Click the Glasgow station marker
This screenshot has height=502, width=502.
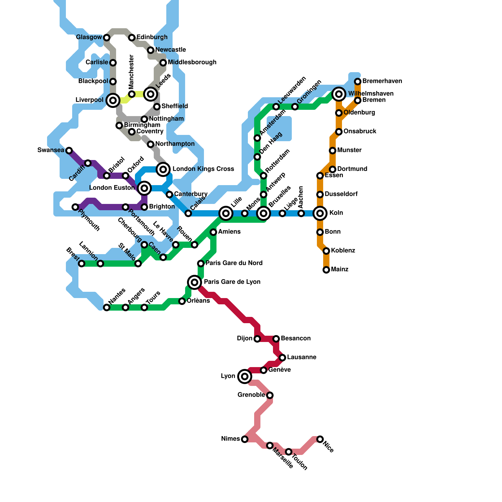coord(107,38)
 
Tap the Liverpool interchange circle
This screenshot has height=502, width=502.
coord(113,100)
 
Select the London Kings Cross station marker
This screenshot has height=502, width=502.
coord(163,169)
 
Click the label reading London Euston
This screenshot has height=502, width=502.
coord(112,188)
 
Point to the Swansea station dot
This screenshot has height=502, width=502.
coord(69,151)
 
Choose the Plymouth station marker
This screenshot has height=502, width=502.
coord(75,207)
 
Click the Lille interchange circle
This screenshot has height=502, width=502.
coord(226,213)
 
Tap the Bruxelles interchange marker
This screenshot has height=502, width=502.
coord(264,213)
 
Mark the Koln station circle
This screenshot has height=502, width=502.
coord(320,213)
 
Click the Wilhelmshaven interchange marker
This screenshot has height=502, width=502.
coord(339,94)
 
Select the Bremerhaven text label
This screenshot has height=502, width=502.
coord(382,81)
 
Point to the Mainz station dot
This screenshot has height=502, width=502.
coord(326,270)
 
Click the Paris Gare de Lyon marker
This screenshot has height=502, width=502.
coord(195,282)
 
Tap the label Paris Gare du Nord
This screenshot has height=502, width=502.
coord(234,263)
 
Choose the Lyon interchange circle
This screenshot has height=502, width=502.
coord(245,376)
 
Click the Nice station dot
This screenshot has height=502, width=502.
coord(320,439)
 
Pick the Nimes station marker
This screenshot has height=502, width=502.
coord(245,439)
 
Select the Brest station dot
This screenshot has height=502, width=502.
coord(82,264)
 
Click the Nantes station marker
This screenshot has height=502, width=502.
coord(107,307)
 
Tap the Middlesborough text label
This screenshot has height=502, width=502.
coord(192,62)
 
